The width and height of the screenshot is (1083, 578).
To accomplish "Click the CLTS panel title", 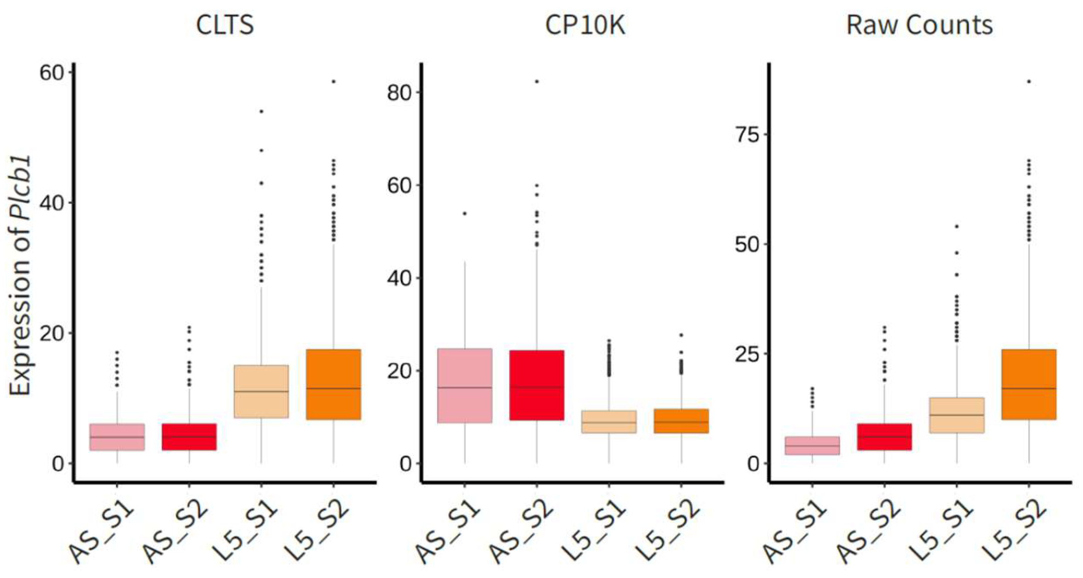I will click(x=225, y=25).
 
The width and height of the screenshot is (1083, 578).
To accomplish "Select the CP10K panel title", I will click(x=585, y=25).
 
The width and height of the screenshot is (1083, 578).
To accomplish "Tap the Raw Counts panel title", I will click(x=919, y=25).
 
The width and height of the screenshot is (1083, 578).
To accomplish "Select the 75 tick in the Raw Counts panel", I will click(x=746, y=134).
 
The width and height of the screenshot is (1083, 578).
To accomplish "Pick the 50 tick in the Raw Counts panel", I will click(x=746, y=244).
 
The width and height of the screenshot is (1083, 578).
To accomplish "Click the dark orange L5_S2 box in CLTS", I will click(x=333, y=384).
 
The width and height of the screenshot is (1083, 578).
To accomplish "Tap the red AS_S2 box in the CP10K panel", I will click(x=537, y=385).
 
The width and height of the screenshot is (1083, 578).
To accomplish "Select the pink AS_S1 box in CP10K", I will click(x=464, y=385).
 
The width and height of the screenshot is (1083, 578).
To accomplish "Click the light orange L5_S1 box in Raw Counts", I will click(x=956, y=415).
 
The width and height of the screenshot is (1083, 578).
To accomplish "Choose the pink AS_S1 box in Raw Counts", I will click(x=812, y=445).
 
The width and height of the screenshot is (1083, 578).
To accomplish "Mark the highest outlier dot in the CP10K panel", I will click(x=537, y=82).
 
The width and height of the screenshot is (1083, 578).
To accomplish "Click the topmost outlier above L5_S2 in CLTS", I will click(x=334, y=82).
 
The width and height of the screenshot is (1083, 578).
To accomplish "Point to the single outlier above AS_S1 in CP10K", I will click(x=464, y=213).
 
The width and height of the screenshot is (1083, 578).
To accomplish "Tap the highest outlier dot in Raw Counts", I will click(x=1029, y=82).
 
